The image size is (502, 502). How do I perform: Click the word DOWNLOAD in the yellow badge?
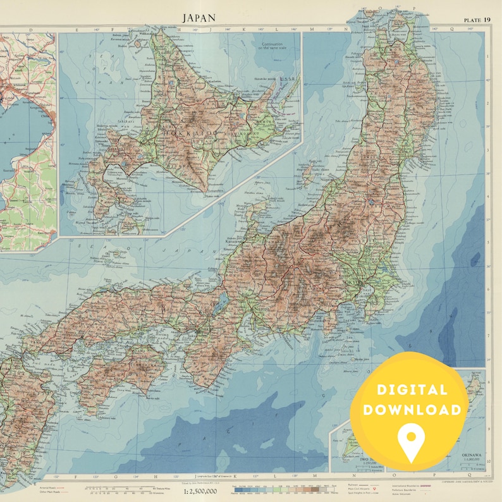coord(418,410)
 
